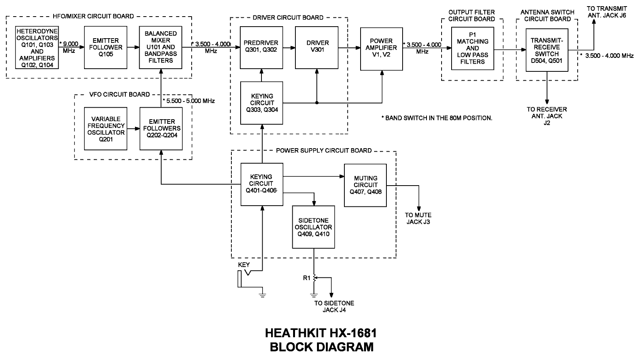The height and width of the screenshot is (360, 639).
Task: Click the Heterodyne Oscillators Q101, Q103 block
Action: (x=37, y=47)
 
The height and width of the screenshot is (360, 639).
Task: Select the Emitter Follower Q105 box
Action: (x=106, y=47)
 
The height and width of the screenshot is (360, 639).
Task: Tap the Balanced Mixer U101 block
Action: (x=161, y=47)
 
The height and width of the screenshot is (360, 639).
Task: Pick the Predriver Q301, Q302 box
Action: (x=261, y=47)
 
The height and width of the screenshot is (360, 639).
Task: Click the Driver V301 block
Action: (x=317, y=47)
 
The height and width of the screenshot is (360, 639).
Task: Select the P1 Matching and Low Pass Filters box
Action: (x=472, y=48)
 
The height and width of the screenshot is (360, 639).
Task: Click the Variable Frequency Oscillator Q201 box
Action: (x=106, y=129)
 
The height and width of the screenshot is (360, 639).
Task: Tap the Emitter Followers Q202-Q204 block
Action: (x=161, y=129)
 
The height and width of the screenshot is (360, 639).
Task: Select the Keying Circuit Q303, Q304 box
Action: (x=261, y=103)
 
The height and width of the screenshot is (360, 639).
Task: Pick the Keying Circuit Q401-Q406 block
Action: (x=261, y=184)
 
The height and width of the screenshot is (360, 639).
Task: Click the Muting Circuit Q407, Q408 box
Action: (x=365, y=185)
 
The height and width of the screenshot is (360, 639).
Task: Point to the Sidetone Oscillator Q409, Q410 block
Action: (x=313, y=227)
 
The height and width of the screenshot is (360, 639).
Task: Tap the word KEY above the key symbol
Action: (x=244, y=265)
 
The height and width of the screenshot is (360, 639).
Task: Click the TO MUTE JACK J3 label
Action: (x=418, y=218)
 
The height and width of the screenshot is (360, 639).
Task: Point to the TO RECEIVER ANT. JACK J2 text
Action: (x=547, y=116)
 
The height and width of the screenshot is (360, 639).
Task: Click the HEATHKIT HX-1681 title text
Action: (x=321, y=333)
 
